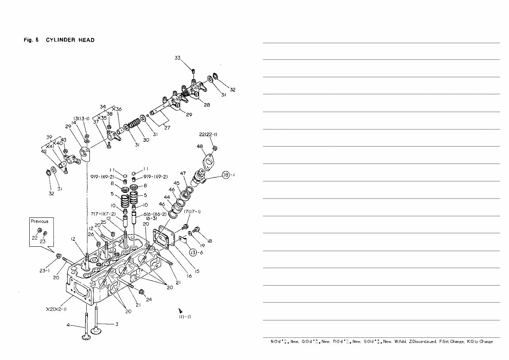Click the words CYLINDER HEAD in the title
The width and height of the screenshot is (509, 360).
(70, 40)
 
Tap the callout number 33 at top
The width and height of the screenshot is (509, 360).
(178, 58)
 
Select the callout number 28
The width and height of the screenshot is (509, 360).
(207, 105)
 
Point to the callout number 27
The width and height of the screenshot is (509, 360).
(167, 128)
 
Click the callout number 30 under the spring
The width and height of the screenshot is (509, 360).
(146, 140)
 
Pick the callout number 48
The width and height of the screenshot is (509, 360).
(199, 146)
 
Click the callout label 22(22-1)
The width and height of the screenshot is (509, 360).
(208, 134)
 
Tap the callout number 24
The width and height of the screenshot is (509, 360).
(149, 299)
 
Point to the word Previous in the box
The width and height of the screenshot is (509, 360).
(40, 221)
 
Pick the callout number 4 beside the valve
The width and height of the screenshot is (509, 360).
(68, 325)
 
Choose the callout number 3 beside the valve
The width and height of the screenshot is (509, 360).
(116, 324)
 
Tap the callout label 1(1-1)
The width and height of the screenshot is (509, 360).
(184, 317)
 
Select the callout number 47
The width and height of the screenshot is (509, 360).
(183, 173)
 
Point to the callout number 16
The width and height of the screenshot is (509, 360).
(189, 276)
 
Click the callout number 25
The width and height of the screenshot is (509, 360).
(103, 222)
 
